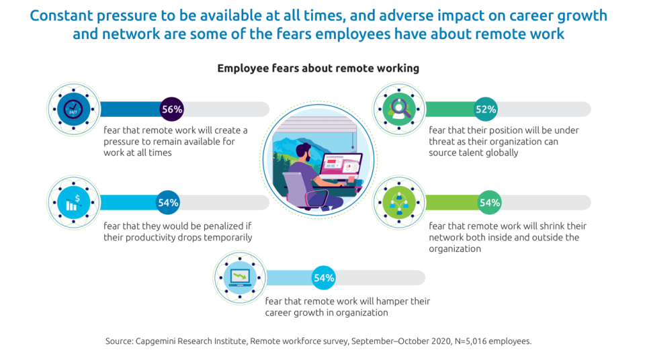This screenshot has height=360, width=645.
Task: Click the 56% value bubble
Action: pyautogui.click(x=171, y=109)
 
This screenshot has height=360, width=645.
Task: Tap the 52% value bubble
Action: pyautogui.click(x=486, y=109)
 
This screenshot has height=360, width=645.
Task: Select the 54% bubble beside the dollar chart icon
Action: pyautogui.click(x=168, y=202)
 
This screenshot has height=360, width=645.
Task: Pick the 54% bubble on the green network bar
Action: pyautogui.click(x=490, y=202)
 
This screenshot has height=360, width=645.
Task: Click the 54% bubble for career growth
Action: pyautogui.click(x=324, y=277)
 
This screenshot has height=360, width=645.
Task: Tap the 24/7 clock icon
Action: pyautogui.click(x=73, y=109)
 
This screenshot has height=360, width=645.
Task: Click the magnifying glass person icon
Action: pyautogui.click(x=399, y=109)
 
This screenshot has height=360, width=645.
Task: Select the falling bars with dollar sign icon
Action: pyautogui.click(x=73, y=202)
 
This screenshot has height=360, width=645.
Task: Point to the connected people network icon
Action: pyautogui.click(x=399, y=202)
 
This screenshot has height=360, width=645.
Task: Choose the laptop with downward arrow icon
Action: pyautogui.click(x=241, y=277)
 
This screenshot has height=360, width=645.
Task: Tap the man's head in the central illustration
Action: pyautogui.click(x=304, y=152)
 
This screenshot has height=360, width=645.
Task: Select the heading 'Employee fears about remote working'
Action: pyautogui.click(x=318, y=69)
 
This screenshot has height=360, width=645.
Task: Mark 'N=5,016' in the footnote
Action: pyautogui.click(x=470, y=341)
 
